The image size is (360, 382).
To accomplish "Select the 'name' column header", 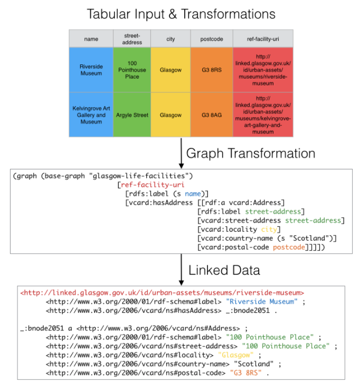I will [91, 39].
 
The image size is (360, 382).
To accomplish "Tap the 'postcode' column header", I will [211, 39].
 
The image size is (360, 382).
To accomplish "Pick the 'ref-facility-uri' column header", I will [263, 39].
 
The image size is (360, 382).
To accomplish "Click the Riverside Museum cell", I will [91, 70].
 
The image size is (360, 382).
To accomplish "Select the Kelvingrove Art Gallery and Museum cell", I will [91, 114].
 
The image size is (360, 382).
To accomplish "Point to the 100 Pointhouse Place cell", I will [132, 70].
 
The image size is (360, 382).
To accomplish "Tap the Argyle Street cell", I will [132, 114].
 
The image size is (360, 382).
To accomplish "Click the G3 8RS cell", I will [211, 70].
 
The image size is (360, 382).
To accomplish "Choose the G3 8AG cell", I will [211, 114].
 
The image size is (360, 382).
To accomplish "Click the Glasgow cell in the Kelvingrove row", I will [170, 114].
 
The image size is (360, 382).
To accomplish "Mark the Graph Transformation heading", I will [251, 154].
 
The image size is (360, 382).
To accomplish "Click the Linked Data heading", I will [224, 270].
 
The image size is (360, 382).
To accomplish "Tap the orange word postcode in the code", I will [289, 247].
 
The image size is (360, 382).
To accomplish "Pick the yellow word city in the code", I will [269, 229].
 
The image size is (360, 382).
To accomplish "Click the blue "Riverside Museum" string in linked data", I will [261, 301].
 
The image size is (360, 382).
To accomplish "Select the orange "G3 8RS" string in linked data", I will [246, 373].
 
